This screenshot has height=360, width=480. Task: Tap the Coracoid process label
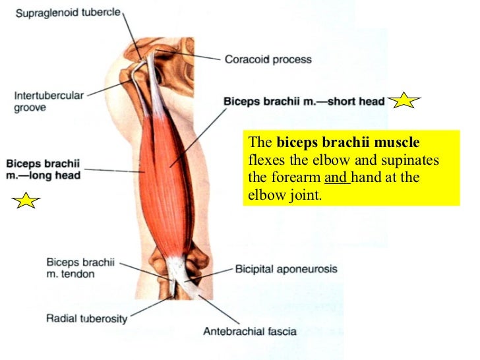coord(268,59)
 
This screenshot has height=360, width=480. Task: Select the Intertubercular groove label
coord(49,101)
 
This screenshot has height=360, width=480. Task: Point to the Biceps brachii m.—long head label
coord(43,169)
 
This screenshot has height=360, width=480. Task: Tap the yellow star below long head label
coord(26,200)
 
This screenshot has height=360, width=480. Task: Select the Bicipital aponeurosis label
coord(286,269)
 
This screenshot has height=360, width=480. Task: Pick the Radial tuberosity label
coord(87,319)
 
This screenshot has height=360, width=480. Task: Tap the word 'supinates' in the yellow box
coord(413,160)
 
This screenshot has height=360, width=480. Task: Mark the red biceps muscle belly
coord(168,165)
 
